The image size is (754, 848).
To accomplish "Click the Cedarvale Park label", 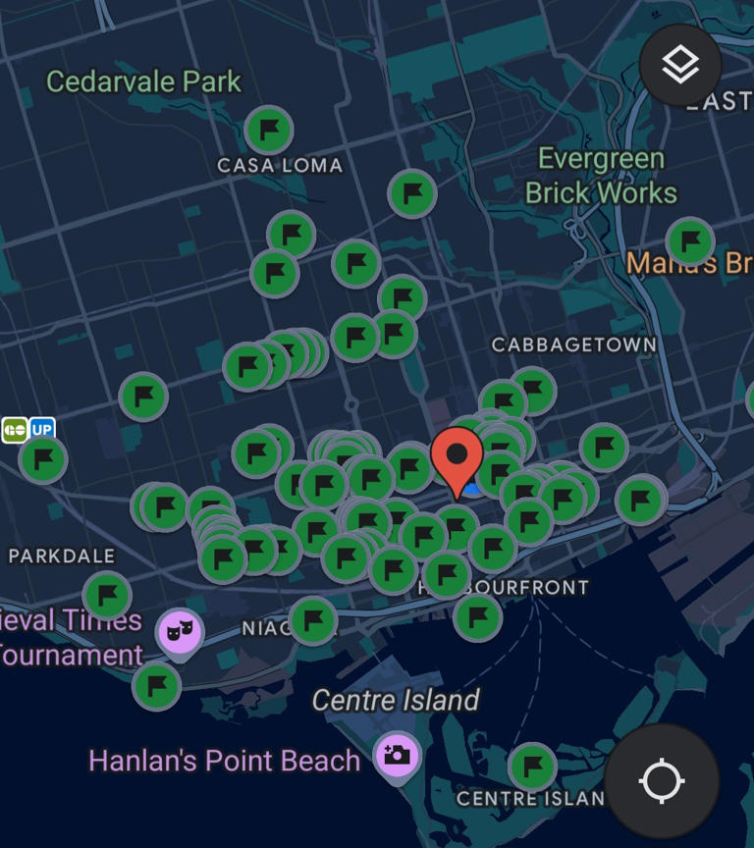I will [143, 81].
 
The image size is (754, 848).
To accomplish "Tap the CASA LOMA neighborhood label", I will [280, 166].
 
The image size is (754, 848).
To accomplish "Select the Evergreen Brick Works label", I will [601, 176].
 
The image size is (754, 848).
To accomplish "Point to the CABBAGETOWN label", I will [574, 345].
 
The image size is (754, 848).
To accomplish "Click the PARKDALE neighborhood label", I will [62, 556].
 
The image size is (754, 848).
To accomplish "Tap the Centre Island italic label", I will [396, 701].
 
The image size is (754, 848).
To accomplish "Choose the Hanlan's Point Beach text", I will [225, 761].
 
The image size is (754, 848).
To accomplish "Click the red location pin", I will [457, 457].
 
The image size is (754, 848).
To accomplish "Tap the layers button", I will [680, 66].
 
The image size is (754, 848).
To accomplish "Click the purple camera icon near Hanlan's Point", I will [398, 756].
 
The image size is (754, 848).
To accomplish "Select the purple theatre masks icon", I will [179, 630].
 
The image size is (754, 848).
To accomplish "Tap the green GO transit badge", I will [15, 430].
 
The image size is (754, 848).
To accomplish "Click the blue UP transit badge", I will [42, 430].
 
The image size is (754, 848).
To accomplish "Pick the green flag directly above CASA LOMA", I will [268, 129].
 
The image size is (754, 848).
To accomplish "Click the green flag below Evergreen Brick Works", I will [690, 240].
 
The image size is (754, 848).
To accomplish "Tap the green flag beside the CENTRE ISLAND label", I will [532, 766].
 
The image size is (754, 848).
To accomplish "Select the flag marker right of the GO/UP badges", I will [42, 458].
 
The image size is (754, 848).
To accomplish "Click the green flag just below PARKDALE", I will [107, 595].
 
